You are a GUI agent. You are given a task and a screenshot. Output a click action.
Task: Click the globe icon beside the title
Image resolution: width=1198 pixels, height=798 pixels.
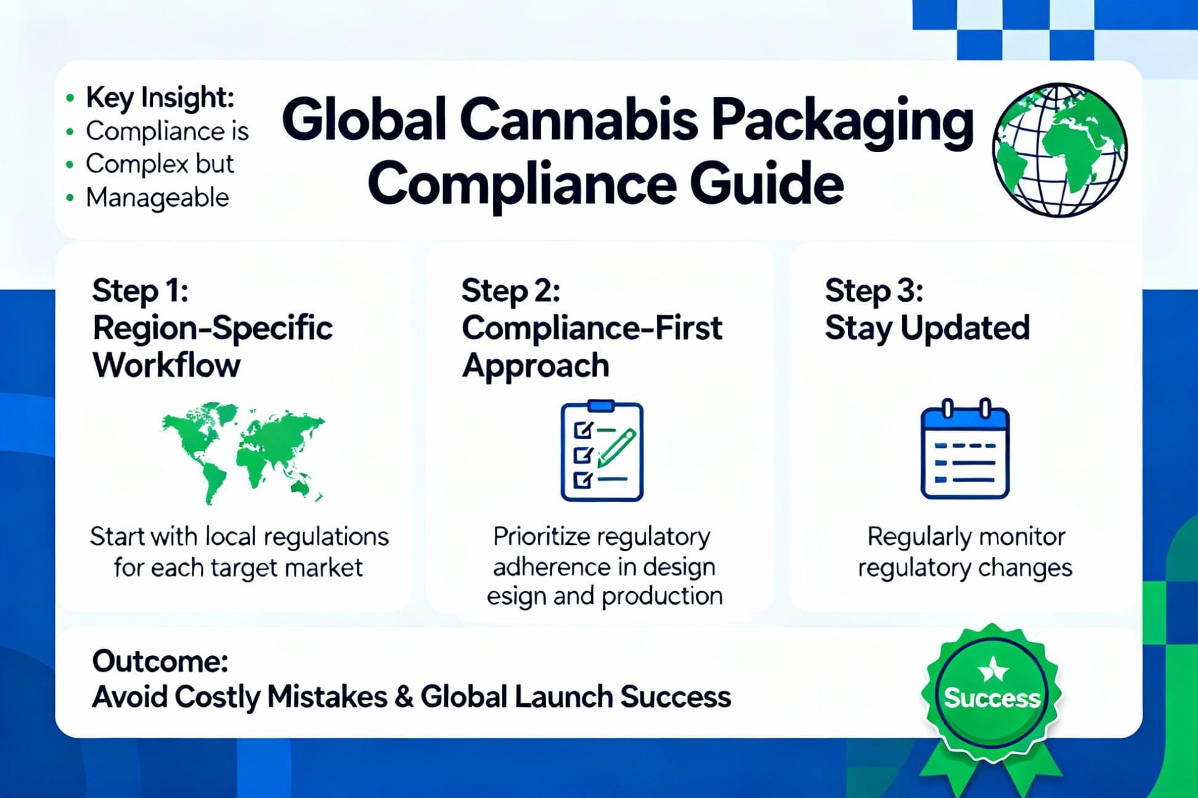click(x=1059, y=150)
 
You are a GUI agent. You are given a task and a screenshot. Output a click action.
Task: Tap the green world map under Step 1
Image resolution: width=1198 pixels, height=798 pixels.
click(x=243, y=452)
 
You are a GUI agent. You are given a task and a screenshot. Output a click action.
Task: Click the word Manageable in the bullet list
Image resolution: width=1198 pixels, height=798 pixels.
click(x=157, y=198)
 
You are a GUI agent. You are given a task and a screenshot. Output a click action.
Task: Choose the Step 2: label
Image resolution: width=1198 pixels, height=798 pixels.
click(x=510, y=290)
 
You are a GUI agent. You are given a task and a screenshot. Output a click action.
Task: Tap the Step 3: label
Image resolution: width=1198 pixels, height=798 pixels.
click(x=874, y=290)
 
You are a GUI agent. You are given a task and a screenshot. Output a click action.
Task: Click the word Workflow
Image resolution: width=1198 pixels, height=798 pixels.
click(x=166, y=365)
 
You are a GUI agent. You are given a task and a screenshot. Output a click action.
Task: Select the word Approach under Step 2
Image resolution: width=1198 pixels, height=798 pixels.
click(x=536, y=366)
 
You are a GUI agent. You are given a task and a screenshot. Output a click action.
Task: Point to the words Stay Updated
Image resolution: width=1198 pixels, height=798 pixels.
click(x=927, y=328)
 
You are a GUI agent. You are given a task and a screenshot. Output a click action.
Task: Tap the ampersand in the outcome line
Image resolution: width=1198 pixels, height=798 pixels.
click(x=404, y=697)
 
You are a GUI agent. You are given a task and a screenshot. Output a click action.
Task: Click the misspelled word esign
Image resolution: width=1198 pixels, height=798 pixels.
click(x=515, y=596)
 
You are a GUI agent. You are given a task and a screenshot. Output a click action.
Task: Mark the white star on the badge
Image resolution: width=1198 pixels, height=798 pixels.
click(x=993, y=669)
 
